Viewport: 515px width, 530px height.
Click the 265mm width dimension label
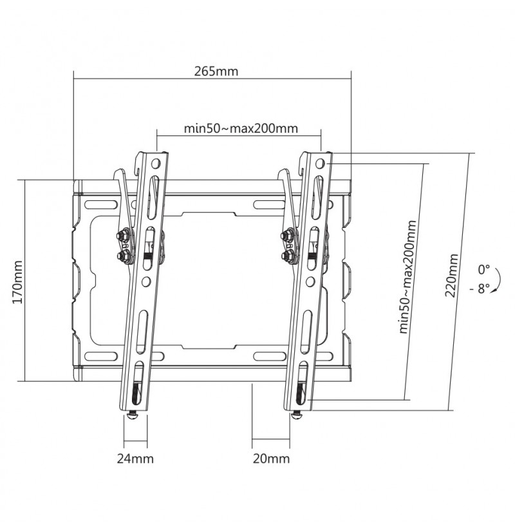[x=216, y=71]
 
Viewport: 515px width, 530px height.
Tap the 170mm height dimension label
[x=17, y=282]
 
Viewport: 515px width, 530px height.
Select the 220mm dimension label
[x=451, y=276]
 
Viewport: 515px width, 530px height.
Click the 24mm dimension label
[x=135, y=459]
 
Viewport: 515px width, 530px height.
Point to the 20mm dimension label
[x=272, y=459]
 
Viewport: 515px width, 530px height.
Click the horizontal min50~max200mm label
[x=241, y=128]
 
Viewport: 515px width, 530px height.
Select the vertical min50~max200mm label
[x=407, y=276]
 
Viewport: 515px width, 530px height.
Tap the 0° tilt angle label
[x=483, y=269]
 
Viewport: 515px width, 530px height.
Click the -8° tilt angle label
[x=480, y=289]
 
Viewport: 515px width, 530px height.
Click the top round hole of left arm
[x=156, y=164]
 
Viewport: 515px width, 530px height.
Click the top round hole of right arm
[x=320, y=164]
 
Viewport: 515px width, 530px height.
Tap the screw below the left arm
[x=132, y=415]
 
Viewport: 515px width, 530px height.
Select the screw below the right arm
[x=297, y=415]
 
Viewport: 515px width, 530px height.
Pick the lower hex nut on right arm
[x=286, y=255]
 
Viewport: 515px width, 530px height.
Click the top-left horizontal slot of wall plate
[x=100, y=205]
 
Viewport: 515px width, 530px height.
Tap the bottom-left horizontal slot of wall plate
[x=100, y=356]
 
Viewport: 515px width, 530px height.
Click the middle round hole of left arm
[x=146, y=281]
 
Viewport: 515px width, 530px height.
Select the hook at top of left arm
[x=138, y=162]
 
